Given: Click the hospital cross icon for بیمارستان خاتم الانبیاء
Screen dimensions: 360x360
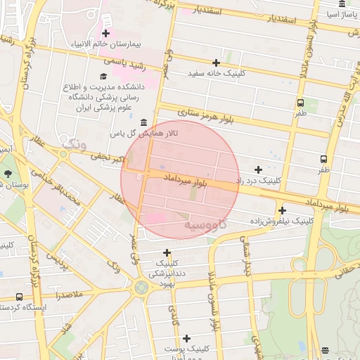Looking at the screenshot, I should click(105, 33).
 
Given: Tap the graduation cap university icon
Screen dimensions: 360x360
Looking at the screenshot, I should click(103, 76).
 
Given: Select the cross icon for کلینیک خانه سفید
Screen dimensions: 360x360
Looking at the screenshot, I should click(216, 63).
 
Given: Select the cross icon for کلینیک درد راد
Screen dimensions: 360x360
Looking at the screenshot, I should click(258, 169).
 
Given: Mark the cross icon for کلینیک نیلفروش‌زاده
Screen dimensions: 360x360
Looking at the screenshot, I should click(282, 210).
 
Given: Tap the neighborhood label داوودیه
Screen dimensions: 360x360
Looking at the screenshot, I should click(205, 225).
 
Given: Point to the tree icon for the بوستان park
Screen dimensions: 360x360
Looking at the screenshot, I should click(8, 173).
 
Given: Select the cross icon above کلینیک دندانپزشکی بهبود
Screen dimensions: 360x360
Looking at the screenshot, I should click(167, 252).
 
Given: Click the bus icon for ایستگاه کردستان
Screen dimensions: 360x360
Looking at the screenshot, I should click(18, 297).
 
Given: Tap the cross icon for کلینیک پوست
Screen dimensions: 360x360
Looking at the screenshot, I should click(186, 338).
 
